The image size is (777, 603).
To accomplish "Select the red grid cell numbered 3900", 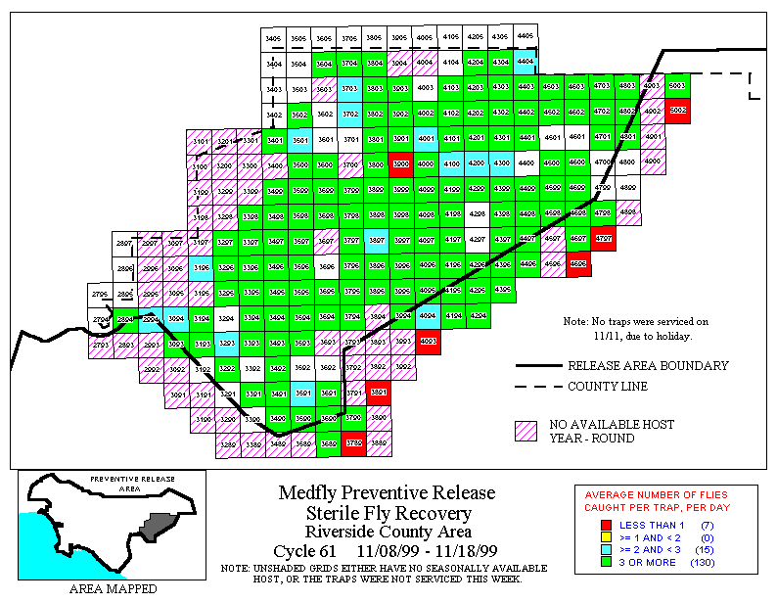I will click(399, 162).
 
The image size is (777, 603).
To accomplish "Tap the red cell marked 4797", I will click(604, 239).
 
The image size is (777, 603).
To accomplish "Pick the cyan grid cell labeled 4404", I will click(525, 61).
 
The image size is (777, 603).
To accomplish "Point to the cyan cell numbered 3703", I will click(349, 88).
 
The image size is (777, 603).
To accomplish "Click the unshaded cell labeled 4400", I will click(526, 162).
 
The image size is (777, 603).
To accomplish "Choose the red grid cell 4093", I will click(427, 341).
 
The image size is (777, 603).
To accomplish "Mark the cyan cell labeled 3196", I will click(201, 265).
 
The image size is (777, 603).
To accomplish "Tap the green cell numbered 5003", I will click(677, 86).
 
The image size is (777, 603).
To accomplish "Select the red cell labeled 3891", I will click(379, 393).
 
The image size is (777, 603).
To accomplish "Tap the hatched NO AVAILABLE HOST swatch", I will click(527, 431).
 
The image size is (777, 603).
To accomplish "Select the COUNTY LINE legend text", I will click(608, 387).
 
